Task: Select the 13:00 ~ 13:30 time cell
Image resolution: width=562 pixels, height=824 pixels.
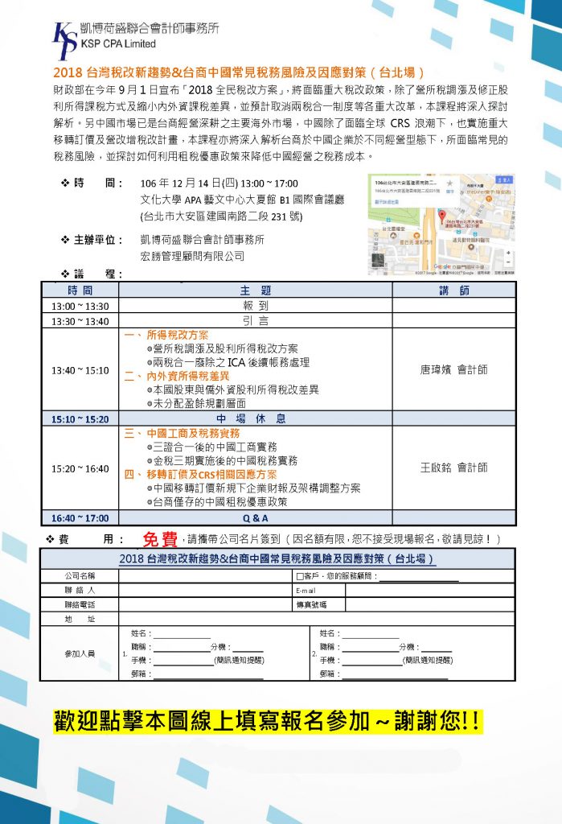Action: (80, 306)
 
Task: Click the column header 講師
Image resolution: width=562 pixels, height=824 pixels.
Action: (453, 290)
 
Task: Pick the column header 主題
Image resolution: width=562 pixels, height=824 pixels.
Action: (255, 290)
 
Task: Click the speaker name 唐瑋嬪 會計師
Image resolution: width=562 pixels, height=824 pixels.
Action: (453, 370)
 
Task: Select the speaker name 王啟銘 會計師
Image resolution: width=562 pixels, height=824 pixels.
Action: (453, 468)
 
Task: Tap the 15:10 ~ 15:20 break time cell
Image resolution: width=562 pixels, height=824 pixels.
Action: (80, 419)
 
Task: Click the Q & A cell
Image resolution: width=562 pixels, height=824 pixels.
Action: (255, 517)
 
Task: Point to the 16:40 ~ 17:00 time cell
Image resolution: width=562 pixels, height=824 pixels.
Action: (80, 517)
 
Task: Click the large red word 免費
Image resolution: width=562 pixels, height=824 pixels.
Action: (161, 538)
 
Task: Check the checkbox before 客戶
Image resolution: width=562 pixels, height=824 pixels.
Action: (300, 576)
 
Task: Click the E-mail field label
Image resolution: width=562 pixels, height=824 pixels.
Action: (306, 590)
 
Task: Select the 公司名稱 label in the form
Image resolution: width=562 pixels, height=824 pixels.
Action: (80, 576)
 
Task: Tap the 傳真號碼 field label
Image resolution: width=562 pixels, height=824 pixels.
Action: (310, 604)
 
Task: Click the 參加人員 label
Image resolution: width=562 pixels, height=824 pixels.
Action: (80, 653)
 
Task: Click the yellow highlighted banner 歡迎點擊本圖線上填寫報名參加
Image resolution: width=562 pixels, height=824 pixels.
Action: (268, 721)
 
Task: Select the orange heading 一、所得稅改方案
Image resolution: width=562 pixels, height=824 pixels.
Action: (166, 335)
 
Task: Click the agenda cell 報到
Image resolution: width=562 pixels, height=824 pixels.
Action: (255, 306)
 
